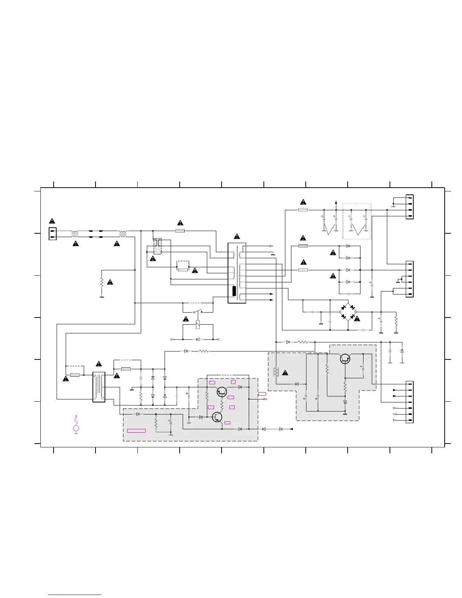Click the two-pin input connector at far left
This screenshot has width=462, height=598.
52,234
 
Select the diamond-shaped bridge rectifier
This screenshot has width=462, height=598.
348,312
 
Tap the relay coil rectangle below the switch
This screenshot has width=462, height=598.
198,325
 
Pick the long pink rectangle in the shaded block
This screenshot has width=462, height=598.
136,430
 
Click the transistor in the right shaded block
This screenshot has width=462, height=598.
345,359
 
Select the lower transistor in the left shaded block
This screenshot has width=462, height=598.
217,417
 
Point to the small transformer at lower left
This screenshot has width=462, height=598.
99,387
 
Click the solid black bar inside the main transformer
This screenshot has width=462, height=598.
234,291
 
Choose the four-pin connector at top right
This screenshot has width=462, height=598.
410,207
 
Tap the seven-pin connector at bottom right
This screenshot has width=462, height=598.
410,402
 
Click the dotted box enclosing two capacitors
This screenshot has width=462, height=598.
357,221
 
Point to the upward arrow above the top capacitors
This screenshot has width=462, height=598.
336,203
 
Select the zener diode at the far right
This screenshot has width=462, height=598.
402,351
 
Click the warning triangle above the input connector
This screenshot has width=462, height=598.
52,221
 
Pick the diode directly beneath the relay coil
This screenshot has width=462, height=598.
198,339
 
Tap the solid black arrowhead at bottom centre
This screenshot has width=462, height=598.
291,429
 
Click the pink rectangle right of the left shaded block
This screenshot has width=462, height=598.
262,394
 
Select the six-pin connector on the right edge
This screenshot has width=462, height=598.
410,279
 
